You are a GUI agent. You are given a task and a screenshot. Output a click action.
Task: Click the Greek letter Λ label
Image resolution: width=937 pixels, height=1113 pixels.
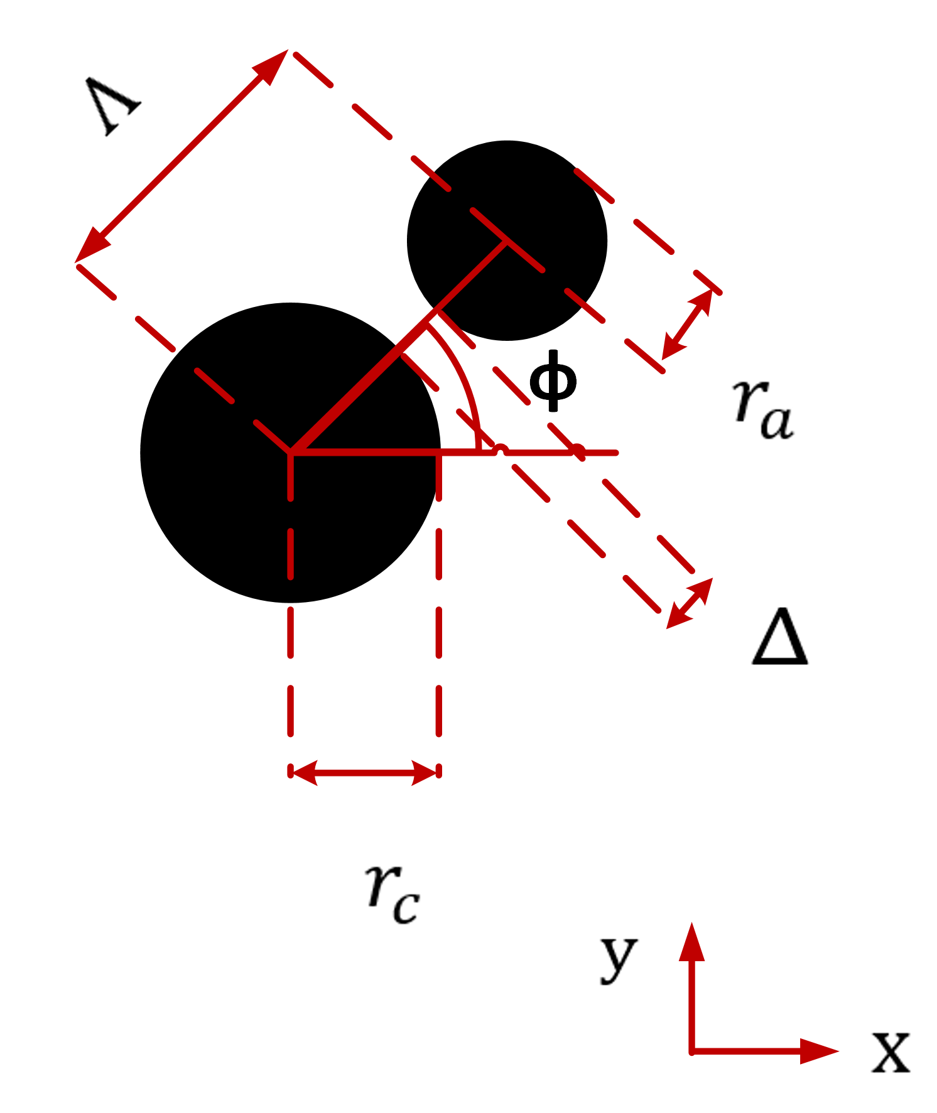(113, 105)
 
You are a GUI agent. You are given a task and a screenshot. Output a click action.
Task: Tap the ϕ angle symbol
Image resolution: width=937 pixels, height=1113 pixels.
(553, 381)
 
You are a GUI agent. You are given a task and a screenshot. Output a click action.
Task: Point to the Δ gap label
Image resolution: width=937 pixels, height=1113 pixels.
(779, 637)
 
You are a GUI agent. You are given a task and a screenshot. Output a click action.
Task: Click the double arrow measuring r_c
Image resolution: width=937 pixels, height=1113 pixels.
(364, 773)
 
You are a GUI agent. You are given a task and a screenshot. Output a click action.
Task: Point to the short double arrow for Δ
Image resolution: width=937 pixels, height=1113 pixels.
(690, 603)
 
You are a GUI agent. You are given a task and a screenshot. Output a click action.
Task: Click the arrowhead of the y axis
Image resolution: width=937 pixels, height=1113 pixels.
(691, 942)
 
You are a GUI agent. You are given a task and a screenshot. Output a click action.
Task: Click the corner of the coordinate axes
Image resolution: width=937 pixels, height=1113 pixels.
(691, 1051)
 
